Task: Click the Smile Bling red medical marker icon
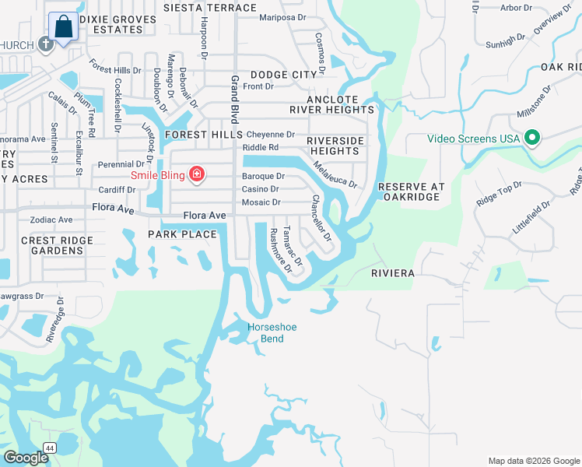197,174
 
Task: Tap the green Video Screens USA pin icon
532,139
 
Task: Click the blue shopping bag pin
63,27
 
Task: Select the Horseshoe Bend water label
272,333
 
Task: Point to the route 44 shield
50,448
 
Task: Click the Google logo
26,458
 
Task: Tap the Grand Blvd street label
233,99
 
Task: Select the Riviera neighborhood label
392,274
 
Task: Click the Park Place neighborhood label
182,234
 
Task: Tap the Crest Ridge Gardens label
52,246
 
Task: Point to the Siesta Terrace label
209,8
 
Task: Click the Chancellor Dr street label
321,218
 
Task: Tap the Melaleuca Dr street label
334,174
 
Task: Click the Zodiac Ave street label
51,220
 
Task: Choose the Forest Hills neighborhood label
199,134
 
